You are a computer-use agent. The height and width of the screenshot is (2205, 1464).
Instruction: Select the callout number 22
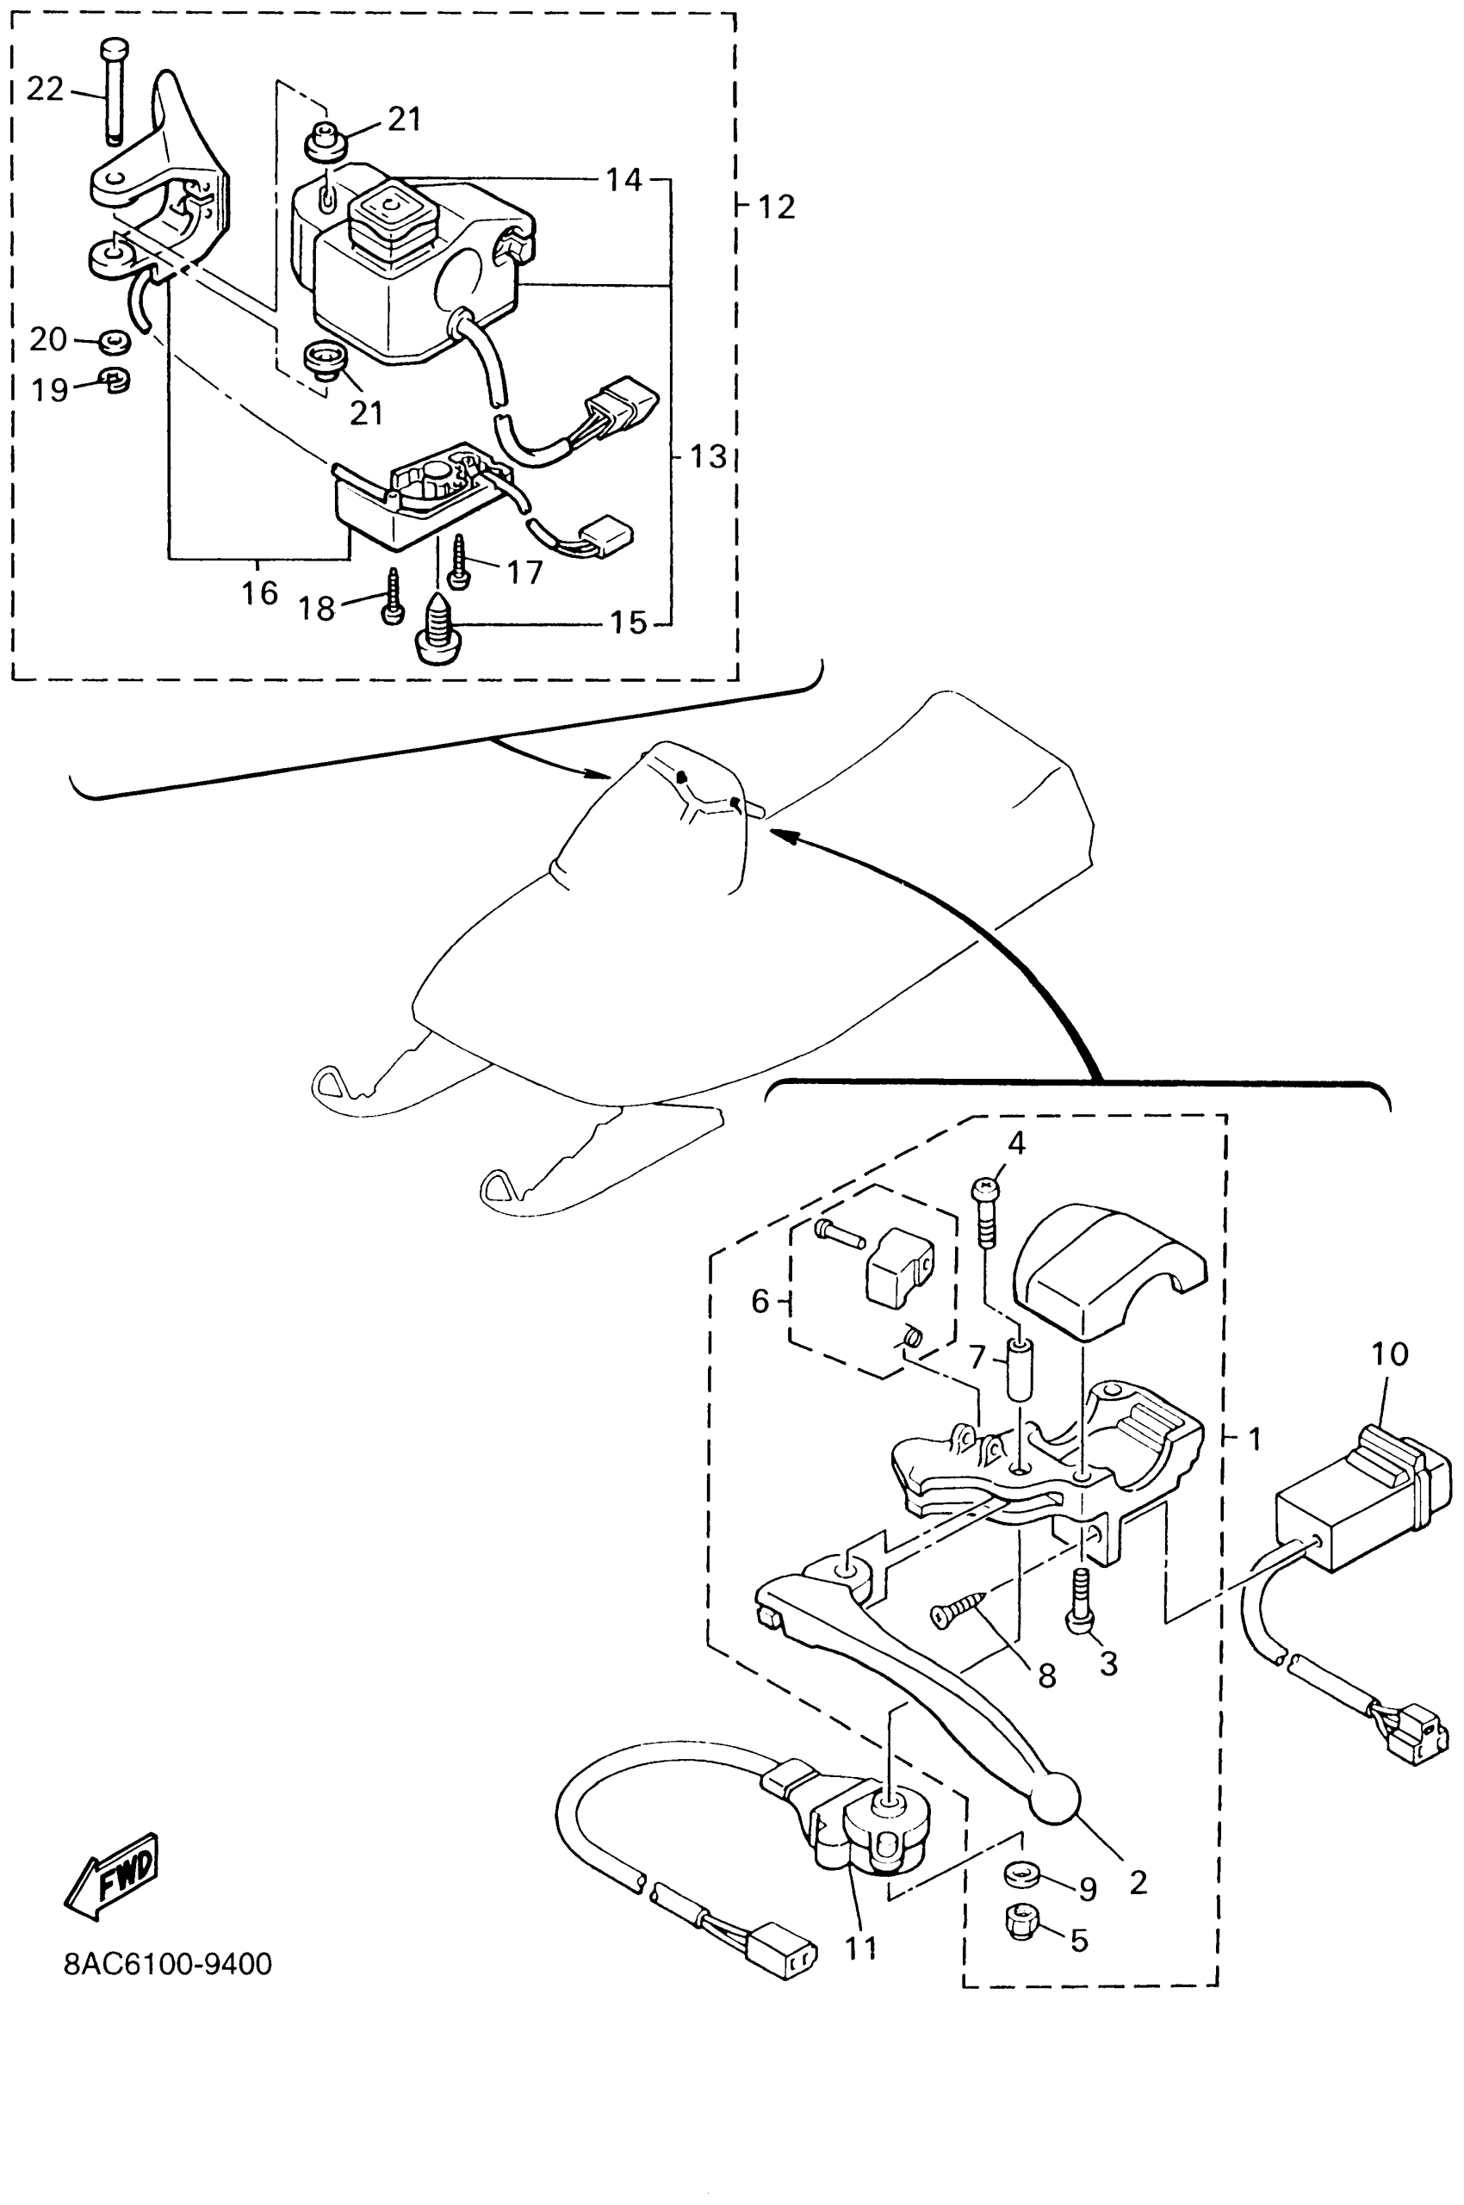tap(45, 90)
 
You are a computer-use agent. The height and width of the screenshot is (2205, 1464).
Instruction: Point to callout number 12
tap(776, 207)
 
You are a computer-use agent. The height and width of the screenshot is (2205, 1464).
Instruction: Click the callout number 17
tap(524, 572)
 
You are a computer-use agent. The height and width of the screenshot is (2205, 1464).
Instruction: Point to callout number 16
tap(259, 592)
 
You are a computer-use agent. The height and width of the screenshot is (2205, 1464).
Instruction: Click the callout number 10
tap(1389, 1353)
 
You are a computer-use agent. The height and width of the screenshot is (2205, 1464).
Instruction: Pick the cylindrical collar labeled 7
tap(1020, 1369)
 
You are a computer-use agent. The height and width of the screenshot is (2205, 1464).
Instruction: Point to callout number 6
tap(761, 1300)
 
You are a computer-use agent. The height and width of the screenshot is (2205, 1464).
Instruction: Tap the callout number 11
tap(861, 1948)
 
